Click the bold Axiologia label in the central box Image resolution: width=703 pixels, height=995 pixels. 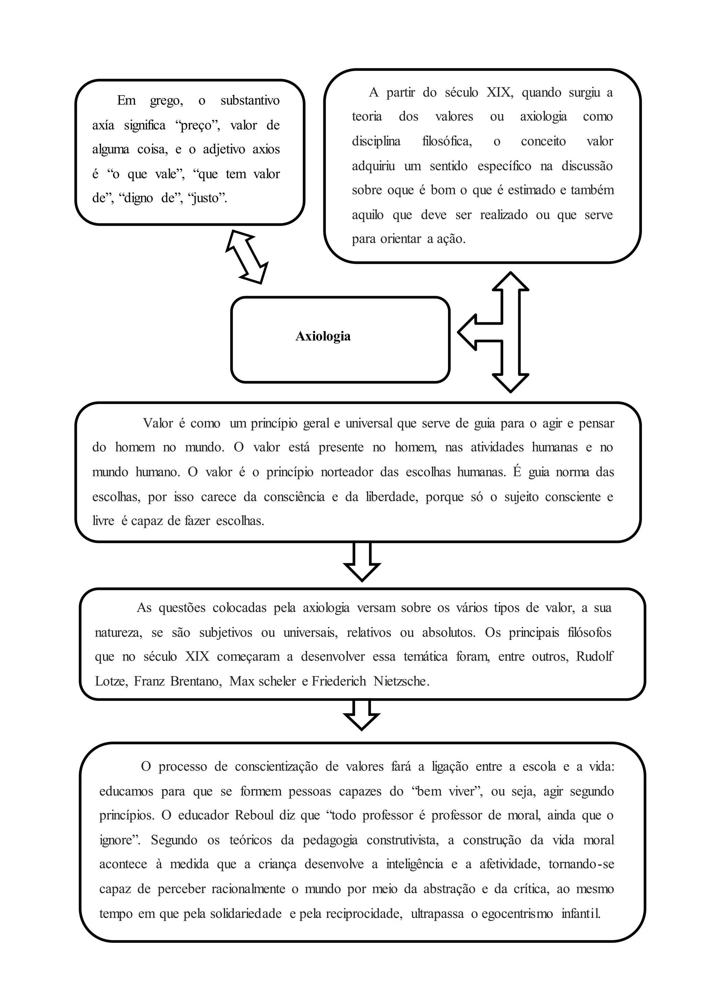(x=323, y=336)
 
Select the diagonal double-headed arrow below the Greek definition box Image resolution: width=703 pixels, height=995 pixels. (x=247, y=257)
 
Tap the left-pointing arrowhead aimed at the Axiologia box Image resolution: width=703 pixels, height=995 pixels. (x=468, y=332)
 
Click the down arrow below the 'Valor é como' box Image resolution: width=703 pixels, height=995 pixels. (x=362, y=562)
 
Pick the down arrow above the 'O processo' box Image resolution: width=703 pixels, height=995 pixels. (x=362, y=716)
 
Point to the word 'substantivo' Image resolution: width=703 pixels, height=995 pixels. (x=250, y=101)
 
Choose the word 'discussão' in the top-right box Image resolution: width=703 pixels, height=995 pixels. (x=587, y=166)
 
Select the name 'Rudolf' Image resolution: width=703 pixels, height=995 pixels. (x=594, y=657)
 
